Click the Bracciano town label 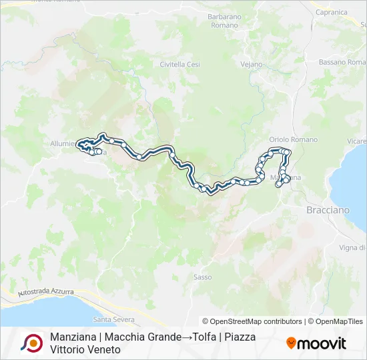[328, 210]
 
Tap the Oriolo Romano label [293, 139]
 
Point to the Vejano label [252, 65]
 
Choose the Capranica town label [332, 12]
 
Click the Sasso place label [202, 277]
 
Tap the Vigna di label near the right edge [352, 247]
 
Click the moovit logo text [322, 343]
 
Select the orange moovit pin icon [291, 343]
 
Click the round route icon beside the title [30, 343]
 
